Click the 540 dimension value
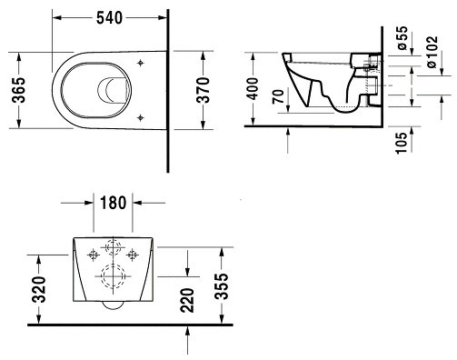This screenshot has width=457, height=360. [109, 18]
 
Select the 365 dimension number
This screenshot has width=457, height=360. [19, 90]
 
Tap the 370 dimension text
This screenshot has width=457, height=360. [204, 90]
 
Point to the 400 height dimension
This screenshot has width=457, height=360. [253, 89]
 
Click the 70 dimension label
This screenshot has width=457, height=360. [278, 96]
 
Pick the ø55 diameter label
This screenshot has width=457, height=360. [402, 38]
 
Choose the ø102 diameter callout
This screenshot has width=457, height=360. [432, 52]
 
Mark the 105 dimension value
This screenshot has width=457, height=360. [402, 143]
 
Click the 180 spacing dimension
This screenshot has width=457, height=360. [113, 203]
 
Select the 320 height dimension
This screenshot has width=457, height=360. [39, 289]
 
